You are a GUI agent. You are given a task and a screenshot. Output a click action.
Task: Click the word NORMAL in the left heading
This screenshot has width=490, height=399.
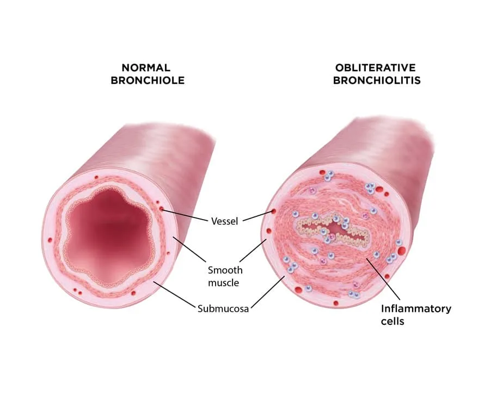(146, 68)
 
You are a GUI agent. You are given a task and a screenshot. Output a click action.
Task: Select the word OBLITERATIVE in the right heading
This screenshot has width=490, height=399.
(375, 68)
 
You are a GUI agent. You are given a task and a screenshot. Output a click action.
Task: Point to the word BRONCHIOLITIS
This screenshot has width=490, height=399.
(375, 81)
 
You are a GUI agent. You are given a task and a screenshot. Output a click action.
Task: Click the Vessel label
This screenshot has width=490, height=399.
(224, 221)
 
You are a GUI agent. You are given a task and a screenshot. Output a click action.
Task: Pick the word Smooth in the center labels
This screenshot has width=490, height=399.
(225, 270)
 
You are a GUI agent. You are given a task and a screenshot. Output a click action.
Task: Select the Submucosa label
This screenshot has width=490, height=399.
(223, 309)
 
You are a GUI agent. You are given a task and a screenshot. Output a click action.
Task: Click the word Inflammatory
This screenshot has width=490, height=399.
(416, 309)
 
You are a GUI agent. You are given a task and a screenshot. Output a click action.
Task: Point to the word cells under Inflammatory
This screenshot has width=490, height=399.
(393, 321)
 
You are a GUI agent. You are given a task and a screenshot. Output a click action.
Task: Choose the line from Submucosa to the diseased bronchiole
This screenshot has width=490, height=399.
(267, 292)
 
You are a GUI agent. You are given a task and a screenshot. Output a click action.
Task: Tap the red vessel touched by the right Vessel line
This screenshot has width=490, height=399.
(273, 211)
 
